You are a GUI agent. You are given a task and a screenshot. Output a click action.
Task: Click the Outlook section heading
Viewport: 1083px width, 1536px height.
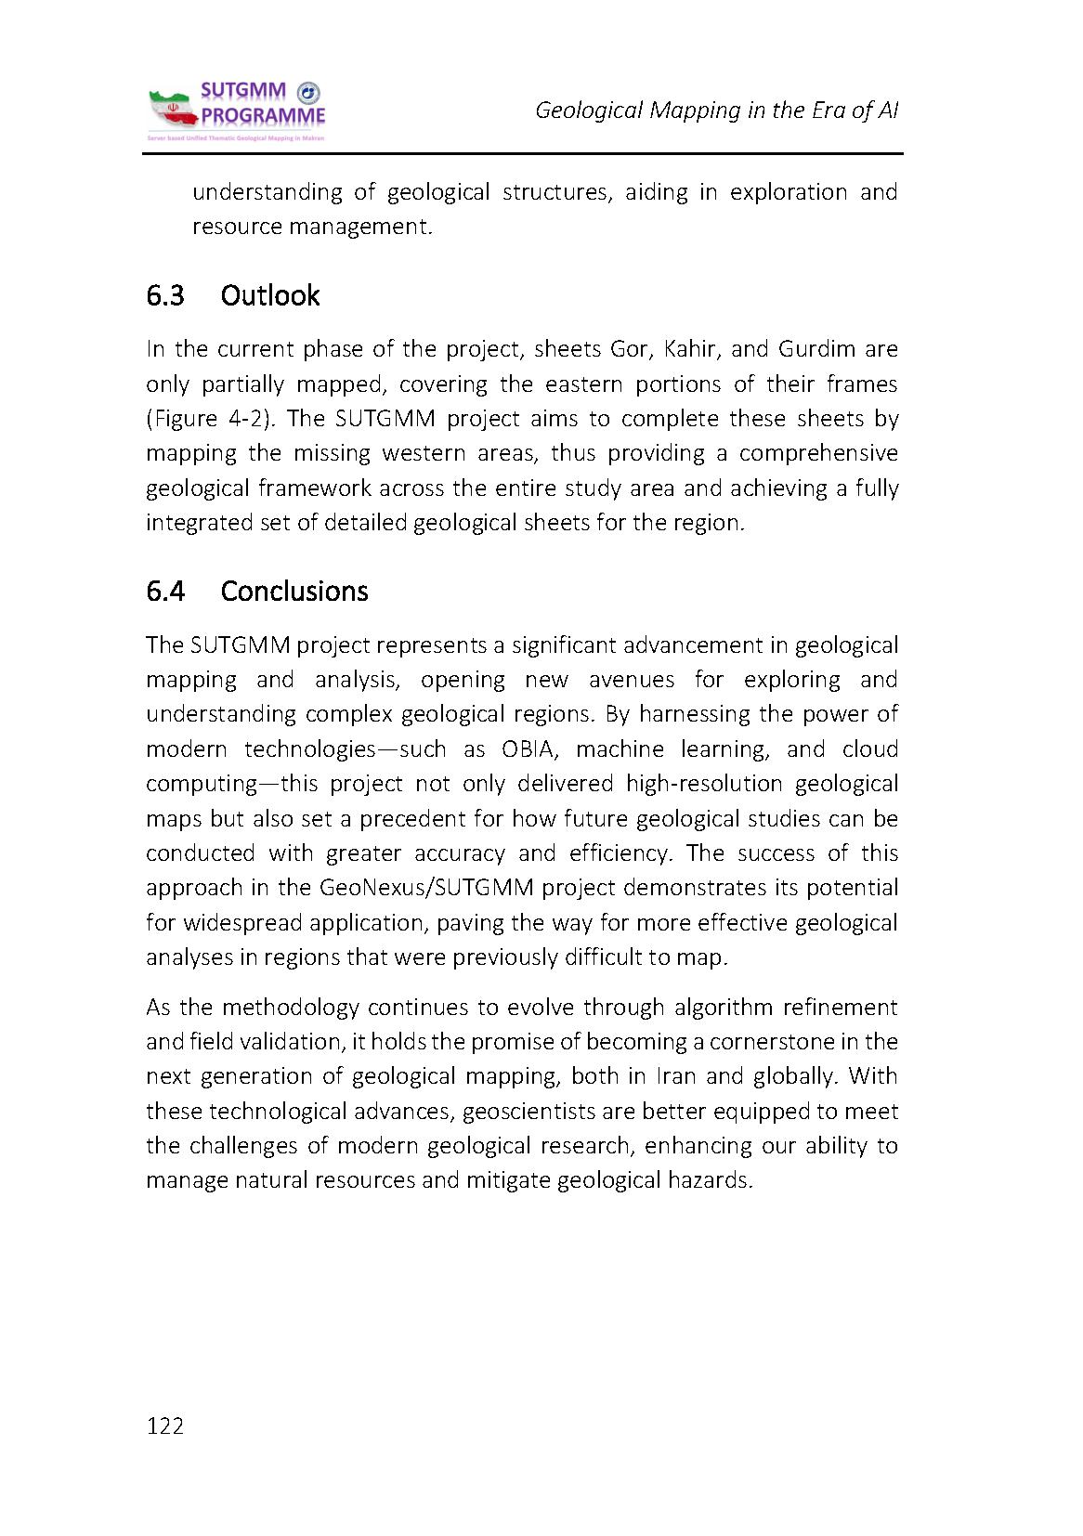[269, 296]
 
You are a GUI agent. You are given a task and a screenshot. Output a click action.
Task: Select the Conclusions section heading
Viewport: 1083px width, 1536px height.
[294, 592]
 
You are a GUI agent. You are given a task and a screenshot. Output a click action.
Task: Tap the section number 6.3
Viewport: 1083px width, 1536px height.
[164, 296]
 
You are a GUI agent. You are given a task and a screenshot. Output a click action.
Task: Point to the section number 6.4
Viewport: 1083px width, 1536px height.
[165, 592]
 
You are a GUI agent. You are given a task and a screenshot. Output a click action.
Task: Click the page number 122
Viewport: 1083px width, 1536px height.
[165, 1426]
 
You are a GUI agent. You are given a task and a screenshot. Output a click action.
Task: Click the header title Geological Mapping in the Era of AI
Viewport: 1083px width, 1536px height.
[716, 111]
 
